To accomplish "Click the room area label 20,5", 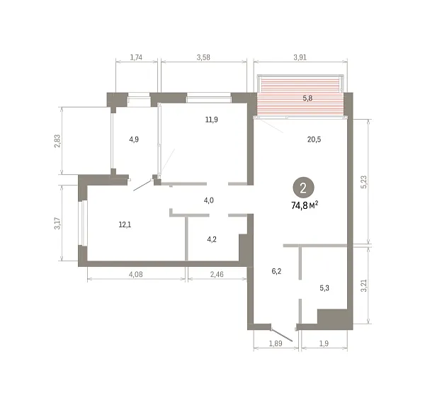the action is pos(314,139).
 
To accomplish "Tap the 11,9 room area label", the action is pos(211,120).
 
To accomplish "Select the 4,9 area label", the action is pos(134,139).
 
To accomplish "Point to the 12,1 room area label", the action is pos(125,224).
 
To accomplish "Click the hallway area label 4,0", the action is pos(209,200).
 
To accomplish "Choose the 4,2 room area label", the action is pos(212,239).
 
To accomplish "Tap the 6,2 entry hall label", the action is pos(276,271).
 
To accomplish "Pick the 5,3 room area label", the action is pos(324,288).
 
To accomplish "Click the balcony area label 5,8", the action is pos(307,98).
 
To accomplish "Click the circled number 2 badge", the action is pos(303,188).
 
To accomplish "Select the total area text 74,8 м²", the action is pos(305,205).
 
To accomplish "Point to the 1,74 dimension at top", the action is pos(136,57).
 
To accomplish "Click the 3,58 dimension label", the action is pos(203,57).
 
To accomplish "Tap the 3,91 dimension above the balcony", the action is pos(300,57).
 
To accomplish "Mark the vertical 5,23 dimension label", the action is pos(364,182).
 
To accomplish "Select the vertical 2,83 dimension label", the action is pos(58,141).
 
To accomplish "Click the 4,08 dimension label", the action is pos(135,275).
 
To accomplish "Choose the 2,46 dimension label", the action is pos(217,275).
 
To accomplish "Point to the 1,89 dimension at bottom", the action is pos(276,343).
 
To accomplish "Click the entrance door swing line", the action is pos(282,335).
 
